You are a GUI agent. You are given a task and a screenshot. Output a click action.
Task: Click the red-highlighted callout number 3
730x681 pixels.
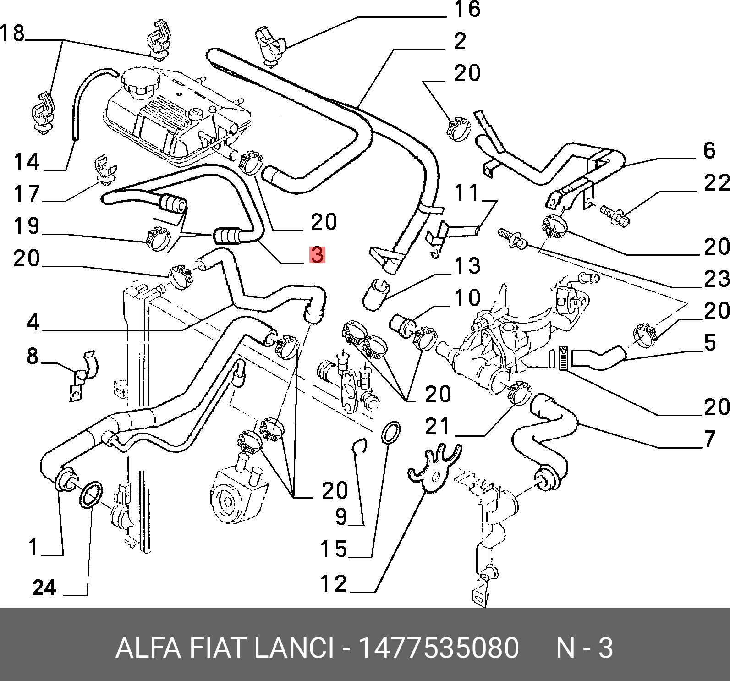[317, 255]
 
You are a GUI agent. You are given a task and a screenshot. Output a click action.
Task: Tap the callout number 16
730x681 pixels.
[467, 10]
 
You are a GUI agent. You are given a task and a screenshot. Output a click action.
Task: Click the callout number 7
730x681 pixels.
[709, 439]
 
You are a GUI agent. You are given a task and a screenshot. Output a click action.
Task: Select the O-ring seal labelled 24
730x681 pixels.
[91, 494]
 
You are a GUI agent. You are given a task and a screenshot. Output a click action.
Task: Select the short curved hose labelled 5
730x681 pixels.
[598, 357]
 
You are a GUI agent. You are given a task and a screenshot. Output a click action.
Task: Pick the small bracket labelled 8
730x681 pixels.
[82, 376]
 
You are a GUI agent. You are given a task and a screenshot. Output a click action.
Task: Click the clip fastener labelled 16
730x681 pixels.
[270, 46]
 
